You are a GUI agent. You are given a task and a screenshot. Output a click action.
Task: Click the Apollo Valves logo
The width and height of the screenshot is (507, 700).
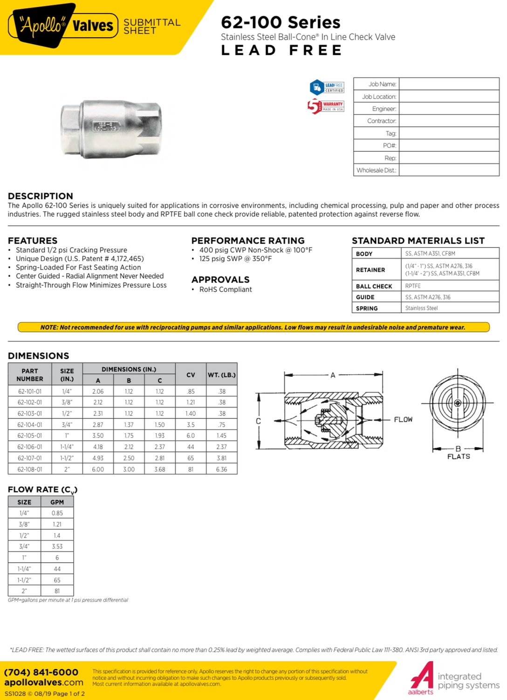pyautogui.click(x=63, y=25)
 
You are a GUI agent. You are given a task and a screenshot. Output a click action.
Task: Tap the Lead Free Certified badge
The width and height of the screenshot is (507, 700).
pyautogui.click(x=327, y=87)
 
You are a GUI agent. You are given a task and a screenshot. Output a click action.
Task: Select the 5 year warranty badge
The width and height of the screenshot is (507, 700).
pyautogui.click(x=326, y=106)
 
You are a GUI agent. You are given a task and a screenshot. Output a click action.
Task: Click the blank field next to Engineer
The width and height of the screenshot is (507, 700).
pyautogui.click(x=449, y=108)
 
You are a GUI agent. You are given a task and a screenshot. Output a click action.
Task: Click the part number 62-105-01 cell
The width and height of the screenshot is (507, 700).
pyautogui.click(x=30, y=436)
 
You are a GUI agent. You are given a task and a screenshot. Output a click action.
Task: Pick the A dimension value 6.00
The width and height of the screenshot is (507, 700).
pyautogui.click(x=98, y=469)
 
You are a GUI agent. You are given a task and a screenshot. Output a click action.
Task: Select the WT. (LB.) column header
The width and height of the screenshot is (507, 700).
pyautogui.click(x=222, y=375)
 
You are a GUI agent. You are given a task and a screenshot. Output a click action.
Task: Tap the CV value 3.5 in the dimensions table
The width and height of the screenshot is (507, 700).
pyautogui.click(x=191, y=424)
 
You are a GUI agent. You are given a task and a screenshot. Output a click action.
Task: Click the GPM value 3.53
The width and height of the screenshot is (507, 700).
pyautogui.click(x=57, y=546)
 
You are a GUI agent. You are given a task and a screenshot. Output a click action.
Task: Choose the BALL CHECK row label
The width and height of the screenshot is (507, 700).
pyautogui.click(x=374, y=286)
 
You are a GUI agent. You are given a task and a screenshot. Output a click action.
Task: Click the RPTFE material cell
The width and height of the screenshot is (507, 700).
pyautogui.click(x=413, y=286)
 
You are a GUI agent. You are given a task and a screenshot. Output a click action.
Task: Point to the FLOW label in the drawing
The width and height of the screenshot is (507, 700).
pyautogui.click(x=403, y=419)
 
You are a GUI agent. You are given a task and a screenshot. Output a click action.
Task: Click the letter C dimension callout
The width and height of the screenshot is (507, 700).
pyautogui.click(x=258, y=421)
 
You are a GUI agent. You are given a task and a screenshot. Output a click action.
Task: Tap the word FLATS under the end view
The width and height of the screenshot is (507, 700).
pyautogui.click(x=459, y=457)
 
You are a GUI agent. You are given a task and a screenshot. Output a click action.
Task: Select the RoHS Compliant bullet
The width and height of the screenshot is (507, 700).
pyautogui.click(x=226, y=289)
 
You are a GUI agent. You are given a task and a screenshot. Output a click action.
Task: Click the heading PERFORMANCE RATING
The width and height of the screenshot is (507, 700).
pyautogui.click(x=248, y=241)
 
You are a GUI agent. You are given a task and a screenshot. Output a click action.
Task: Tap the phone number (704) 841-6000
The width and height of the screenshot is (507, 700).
pyautogui.click(x=41, y=672)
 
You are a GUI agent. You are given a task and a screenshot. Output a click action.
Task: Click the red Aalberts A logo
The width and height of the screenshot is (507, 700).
pyautogui.click(x=422, y=677)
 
